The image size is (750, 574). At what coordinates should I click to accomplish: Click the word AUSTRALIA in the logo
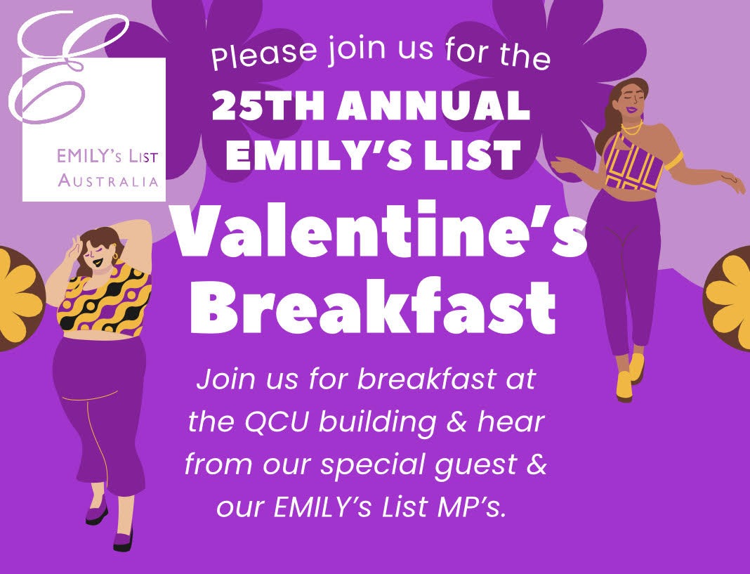point(108,181)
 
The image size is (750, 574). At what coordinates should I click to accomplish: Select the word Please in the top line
point(264,53)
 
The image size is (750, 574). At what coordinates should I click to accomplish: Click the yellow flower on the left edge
point(18,297)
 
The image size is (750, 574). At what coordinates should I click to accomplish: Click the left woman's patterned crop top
point(104,299)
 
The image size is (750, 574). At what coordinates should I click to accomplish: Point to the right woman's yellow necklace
point(632,130)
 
